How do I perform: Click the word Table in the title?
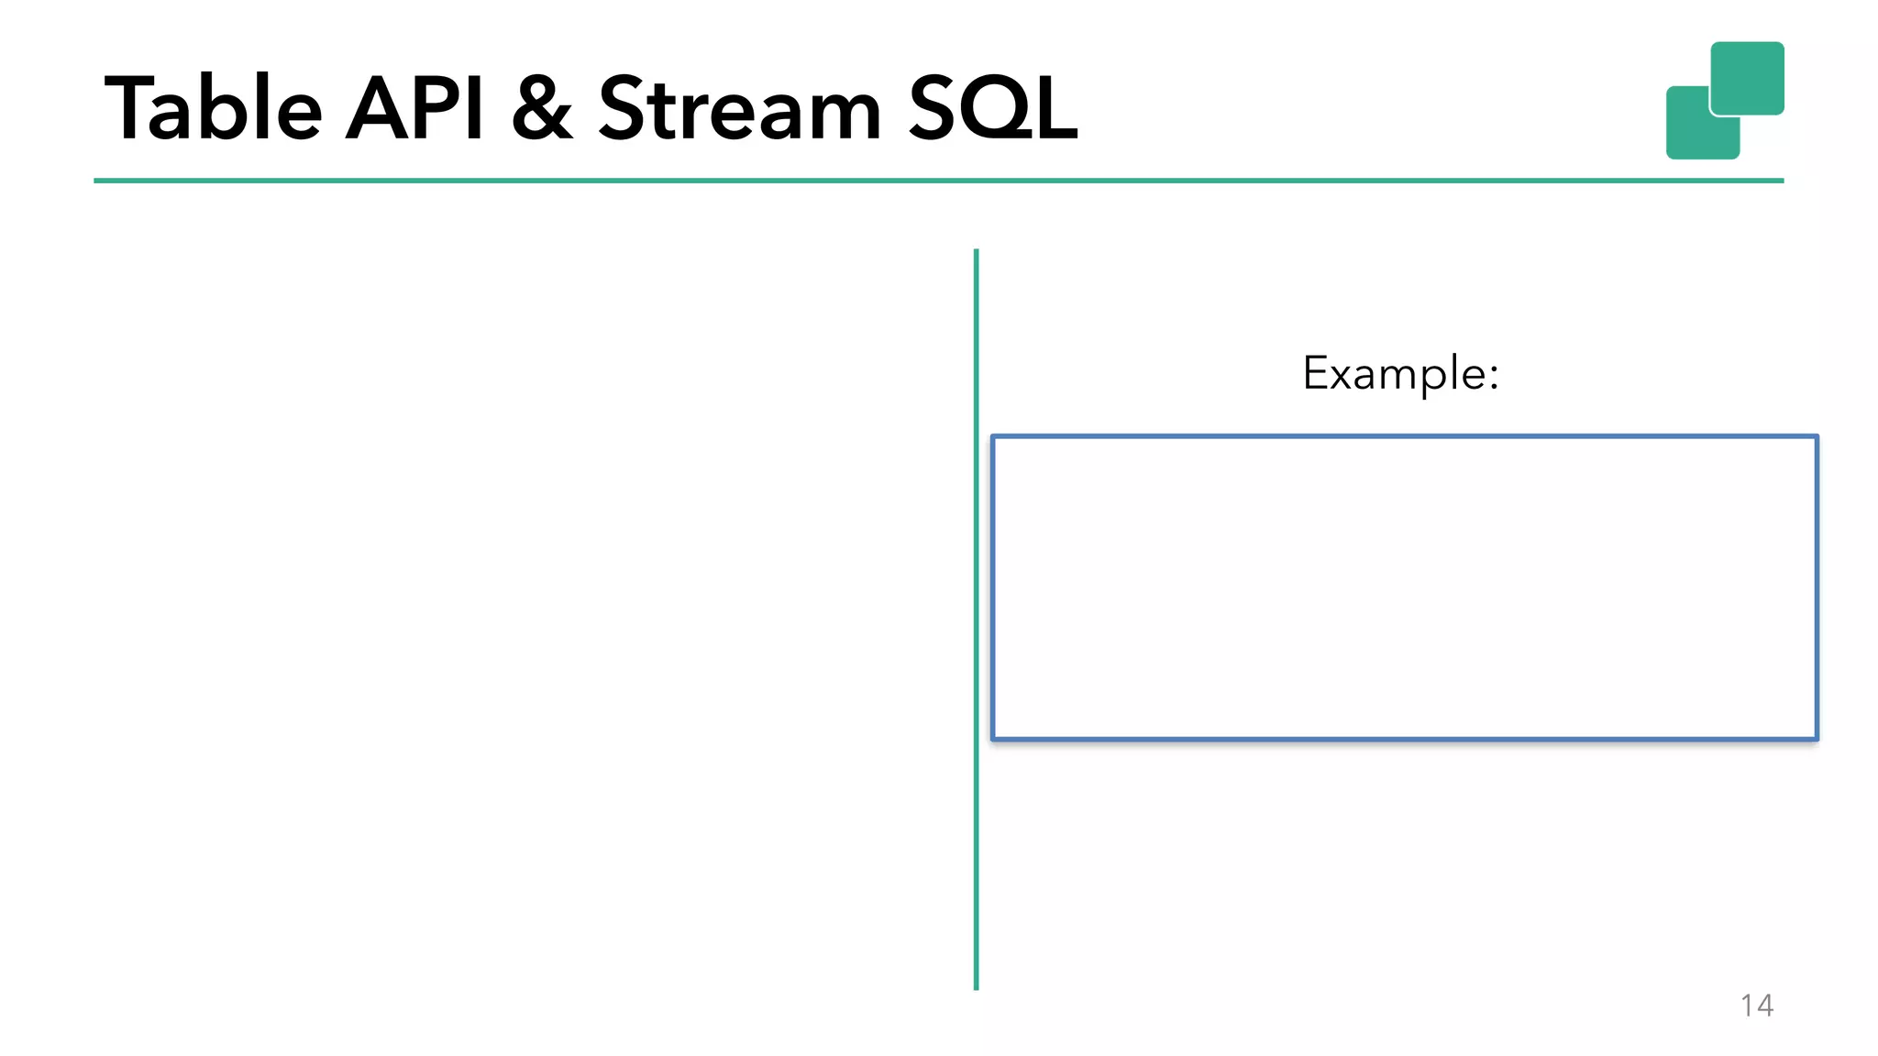(213, 109)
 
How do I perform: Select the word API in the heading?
(414, 109)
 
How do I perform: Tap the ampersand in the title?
(542, 109)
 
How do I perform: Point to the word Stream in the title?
(739, 109)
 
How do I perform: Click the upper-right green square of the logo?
(1747, 77)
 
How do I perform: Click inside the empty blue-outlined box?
(1404, 588)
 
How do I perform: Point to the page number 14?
(1756, 1006)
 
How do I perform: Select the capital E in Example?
(1316, 373)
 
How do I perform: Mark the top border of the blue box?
(1404, 437)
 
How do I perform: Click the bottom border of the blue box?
(1404, 738)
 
